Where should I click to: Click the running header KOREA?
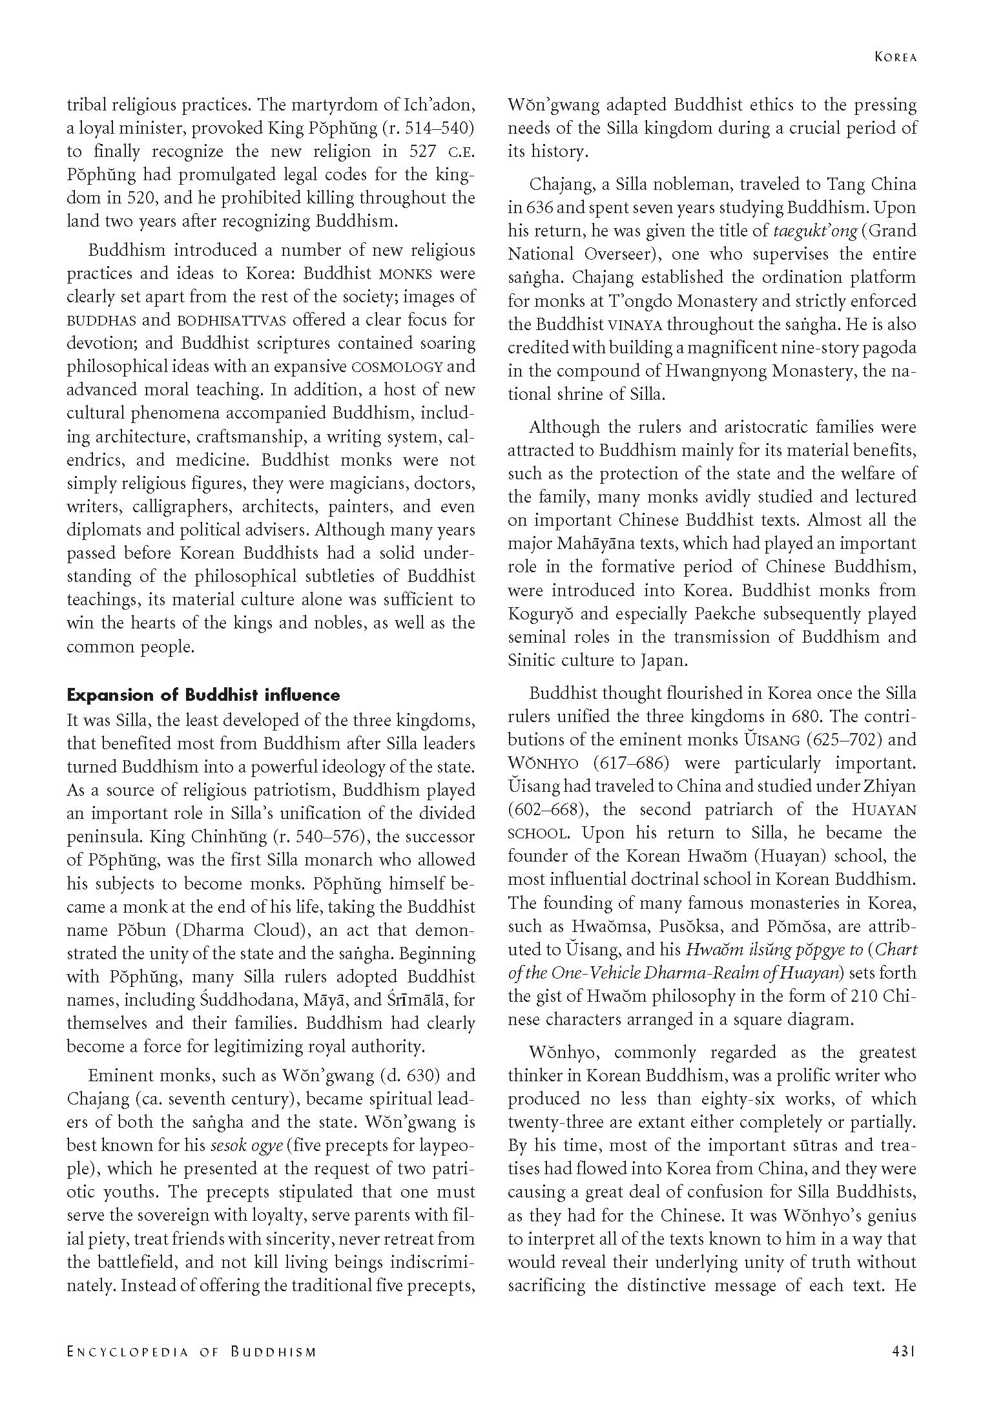tap(895, 57)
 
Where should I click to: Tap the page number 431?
tap(904, 1365)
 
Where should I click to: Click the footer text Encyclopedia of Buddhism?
tap(192, 1365)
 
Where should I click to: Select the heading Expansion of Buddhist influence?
tap(203, 696)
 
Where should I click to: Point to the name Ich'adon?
tap(439, 105)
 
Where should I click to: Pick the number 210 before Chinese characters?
tap(865, 995)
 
